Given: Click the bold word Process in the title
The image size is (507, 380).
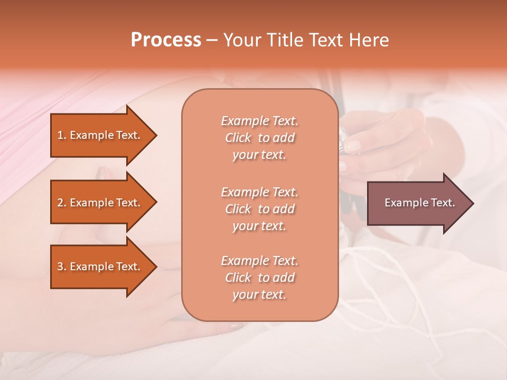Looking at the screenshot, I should pos(166,40).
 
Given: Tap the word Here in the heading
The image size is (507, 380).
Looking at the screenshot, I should pos(369,40).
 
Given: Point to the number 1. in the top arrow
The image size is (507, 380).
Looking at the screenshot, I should pos(62,135).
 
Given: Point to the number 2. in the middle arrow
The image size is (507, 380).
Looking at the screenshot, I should pos(62,203).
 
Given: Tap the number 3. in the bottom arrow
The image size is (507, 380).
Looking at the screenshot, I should pos(62,267).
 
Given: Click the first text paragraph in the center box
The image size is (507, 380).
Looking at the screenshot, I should pos(259,138).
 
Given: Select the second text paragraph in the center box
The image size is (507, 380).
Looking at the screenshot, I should pos(259,209).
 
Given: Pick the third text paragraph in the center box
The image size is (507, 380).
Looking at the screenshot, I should pos(259,278).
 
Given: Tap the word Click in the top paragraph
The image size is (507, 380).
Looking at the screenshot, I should pos(238,138).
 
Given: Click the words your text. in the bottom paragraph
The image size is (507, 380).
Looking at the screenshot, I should pos(259,295).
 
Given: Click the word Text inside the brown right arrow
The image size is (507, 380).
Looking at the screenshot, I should pos(439,203).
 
